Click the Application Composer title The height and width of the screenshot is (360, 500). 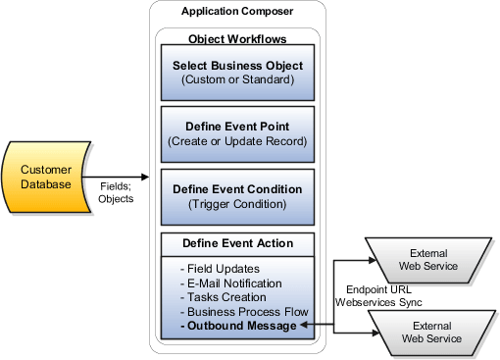235,11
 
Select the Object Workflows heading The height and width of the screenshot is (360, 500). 235,39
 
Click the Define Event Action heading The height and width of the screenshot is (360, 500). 235,242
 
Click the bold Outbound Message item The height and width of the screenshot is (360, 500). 239,324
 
